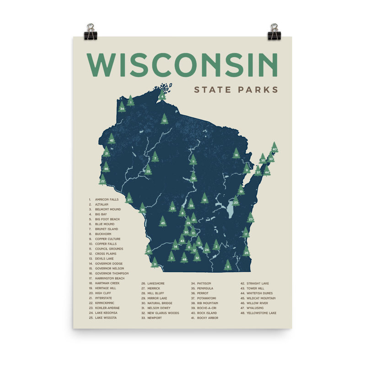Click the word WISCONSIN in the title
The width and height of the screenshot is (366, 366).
[x=182, y=65]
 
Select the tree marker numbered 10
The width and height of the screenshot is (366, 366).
[x=164, y=120]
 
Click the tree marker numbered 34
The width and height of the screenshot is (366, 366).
[x=122, y=108]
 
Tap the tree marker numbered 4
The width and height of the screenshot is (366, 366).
[x=162, y=96]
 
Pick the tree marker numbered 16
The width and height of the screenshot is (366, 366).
[x=236, y=154]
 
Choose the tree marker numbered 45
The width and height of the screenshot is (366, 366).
[x=162, y=222]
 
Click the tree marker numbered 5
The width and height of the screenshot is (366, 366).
[x=228, y=266]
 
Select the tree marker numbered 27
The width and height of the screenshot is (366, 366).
[x=129, y=199]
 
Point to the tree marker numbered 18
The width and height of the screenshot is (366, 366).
[x=205, y=199]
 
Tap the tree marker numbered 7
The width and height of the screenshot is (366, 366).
[x=155, y=157]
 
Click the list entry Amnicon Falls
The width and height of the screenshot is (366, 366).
[x=106, y=199]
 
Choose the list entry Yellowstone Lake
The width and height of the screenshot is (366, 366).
[x=261, y=313]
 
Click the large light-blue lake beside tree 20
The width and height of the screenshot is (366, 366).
[x=229, y=211]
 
